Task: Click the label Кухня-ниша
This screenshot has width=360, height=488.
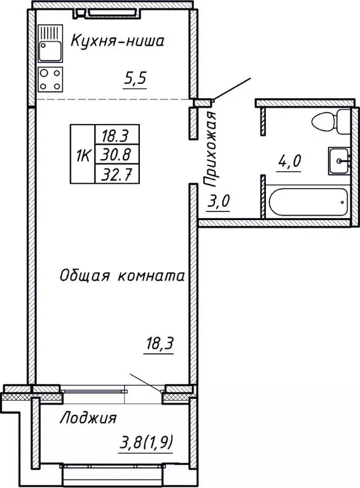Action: click(x=117, y=42)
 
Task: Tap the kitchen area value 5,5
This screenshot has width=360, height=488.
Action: click(x=134, y=80)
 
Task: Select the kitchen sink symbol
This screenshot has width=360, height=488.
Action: click(x=49, y=43)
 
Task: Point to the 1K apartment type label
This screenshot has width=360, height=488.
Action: click(x=82, y=154)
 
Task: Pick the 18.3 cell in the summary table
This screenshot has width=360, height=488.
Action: click(x=116, y=136)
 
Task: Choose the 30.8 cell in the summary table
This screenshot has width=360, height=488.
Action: click(x=116, y=154)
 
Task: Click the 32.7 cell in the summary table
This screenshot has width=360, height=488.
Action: click(x=116, y=172)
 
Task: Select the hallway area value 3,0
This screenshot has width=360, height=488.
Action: click(x=219, y=202)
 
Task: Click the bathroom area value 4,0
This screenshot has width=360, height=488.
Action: click(x=289, y=161)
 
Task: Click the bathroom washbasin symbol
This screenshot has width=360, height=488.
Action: click(x=339, y=160)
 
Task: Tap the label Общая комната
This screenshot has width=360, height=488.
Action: click(x=122, y=276)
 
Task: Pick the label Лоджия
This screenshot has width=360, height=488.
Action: click(x=89, y=418)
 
